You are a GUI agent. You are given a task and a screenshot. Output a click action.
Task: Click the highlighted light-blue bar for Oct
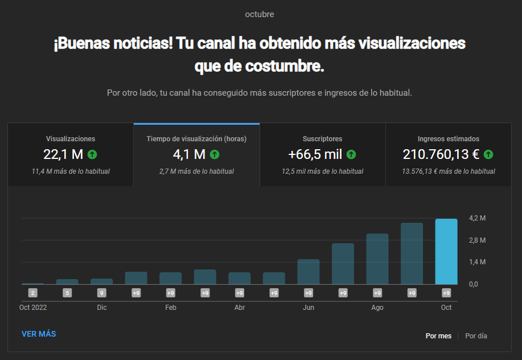446,251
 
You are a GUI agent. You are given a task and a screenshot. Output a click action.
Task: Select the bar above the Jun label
309,272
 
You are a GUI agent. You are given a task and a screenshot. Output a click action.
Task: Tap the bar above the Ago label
377,259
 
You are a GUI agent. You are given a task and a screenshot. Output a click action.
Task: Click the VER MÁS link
39,334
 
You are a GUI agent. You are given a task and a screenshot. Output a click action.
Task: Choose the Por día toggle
476,336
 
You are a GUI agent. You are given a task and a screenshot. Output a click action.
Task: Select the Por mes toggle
438,336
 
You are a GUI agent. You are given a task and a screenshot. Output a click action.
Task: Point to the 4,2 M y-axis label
477,218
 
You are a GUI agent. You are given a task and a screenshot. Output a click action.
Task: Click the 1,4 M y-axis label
477,262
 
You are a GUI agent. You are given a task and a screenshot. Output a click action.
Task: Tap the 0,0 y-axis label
474,284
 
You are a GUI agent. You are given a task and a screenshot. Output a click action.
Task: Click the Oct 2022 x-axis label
33,308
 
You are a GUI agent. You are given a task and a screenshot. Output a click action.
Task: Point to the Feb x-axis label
170,308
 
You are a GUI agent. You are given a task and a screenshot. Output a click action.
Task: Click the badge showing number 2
32,293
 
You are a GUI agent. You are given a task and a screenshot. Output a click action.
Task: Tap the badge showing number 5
67,293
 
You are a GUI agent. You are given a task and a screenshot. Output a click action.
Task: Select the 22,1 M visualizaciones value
63,154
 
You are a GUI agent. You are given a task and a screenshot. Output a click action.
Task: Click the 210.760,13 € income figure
441,154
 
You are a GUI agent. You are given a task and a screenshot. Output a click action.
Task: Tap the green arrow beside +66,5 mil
351,154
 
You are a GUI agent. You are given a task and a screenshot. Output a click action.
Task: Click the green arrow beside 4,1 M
215,154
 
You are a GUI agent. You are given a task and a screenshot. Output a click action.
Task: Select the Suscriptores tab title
322,139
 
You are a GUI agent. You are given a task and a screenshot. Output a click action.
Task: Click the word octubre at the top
260,14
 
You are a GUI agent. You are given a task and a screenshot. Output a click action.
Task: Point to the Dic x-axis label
102,308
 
